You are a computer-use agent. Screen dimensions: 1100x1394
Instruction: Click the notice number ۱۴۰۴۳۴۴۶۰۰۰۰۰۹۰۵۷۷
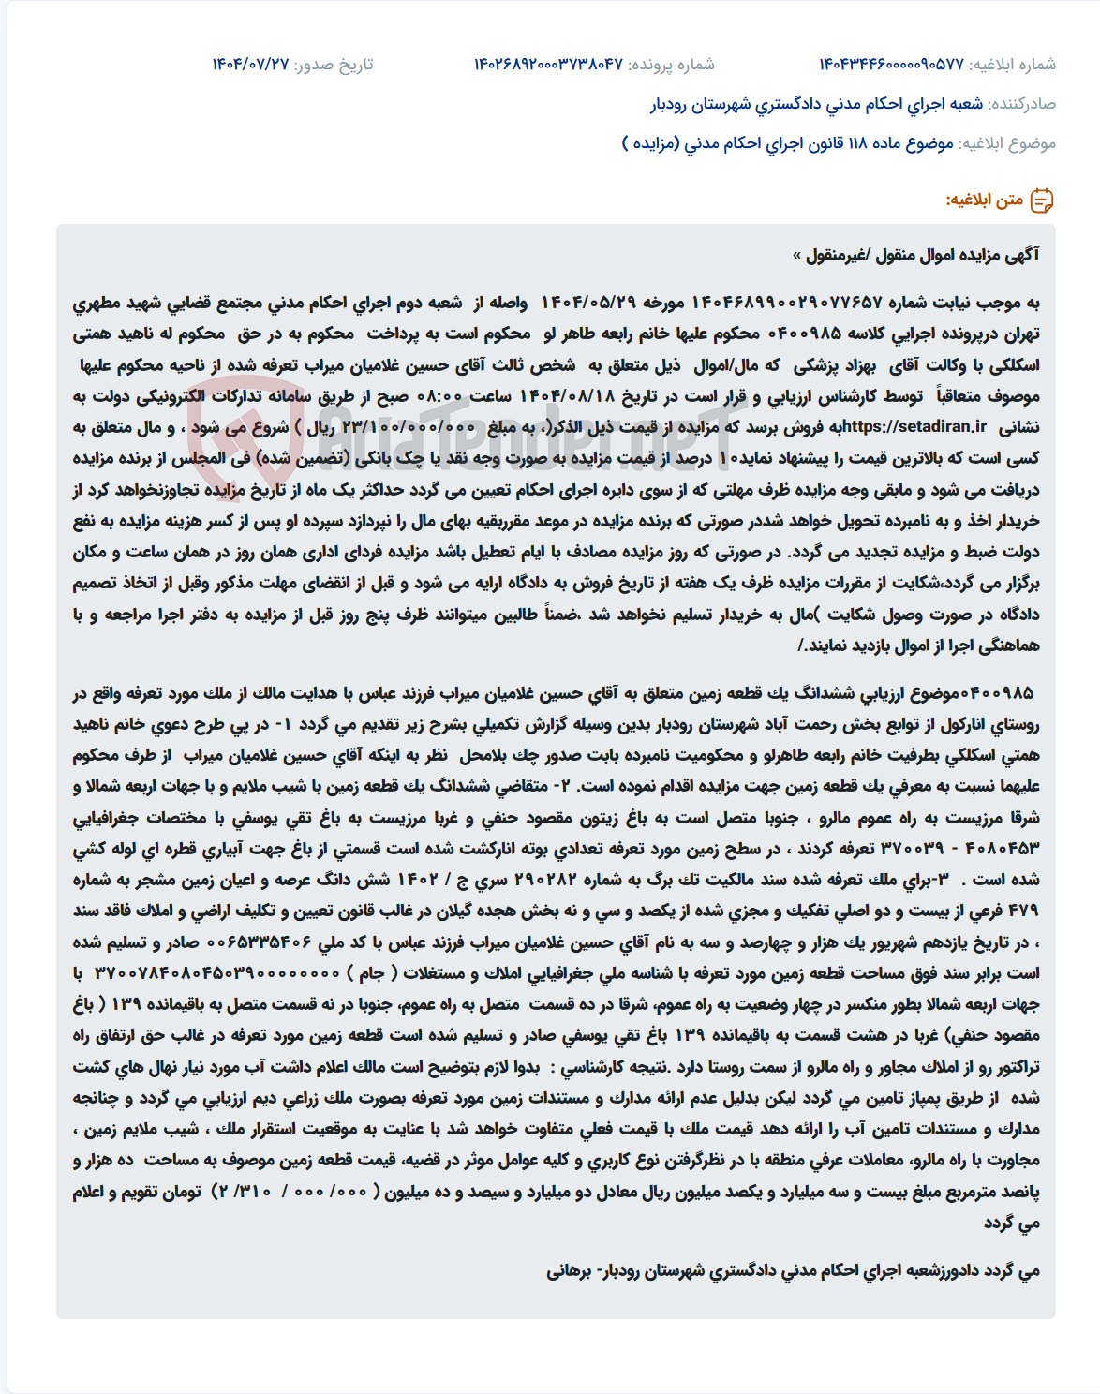click(891, 65)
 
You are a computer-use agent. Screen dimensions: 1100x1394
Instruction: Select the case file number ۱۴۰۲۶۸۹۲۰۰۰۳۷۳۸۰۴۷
click(548, 65)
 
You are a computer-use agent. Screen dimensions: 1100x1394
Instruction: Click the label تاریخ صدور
click(334, 65)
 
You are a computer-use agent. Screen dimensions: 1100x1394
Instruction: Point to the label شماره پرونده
click(671, 65)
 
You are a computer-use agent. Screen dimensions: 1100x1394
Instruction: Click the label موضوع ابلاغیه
click(1009, 143)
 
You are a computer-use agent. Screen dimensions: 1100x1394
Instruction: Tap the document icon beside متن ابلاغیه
click(1042, 200)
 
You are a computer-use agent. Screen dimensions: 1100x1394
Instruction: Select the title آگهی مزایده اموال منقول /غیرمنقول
click(915, 255)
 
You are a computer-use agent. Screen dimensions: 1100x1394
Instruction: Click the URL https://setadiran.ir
click(914, 427)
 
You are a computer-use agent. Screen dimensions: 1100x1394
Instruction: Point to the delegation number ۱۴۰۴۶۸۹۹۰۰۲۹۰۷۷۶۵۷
click(787, 303)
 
